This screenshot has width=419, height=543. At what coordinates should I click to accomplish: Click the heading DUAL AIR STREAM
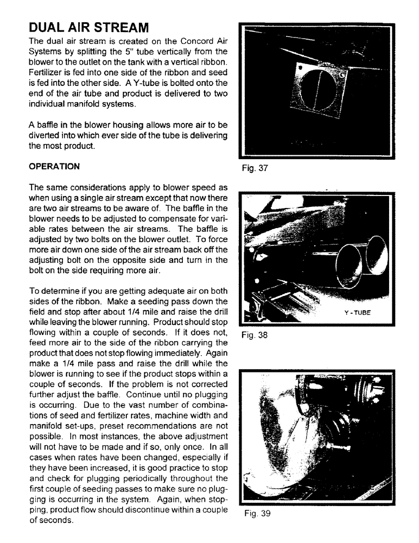coord(88,27)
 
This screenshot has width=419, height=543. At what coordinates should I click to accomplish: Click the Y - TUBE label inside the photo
coord(357,313)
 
